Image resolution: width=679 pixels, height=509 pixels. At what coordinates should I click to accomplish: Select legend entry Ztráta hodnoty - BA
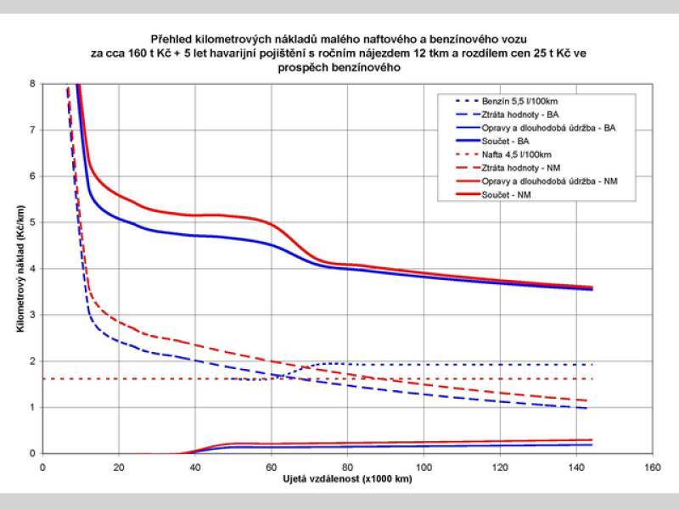518,114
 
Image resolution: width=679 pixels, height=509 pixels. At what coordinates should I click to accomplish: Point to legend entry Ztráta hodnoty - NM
518,168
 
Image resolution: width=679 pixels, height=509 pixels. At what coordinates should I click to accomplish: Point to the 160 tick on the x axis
652,467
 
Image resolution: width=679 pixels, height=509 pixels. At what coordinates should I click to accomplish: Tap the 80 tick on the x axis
347,467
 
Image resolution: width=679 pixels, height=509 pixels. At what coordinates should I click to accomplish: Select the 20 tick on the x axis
119,467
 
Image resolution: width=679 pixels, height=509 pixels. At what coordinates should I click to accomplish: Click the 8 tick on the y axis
32,84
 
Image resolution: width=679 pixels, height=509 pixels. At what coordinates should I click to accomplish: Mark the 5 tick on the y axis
32,222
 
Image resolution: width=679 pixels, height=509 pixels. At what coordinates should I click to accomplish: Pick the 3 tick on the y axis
32,315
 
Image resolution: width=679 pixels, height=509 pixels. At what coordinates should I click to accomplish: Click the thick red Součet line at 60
271,224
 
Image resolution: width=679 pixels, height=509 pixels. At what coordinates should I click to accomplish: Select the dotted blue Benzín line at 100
424,364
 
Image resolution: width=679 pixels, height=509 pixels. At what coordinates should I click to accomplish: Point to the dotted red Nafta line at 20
119,378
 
